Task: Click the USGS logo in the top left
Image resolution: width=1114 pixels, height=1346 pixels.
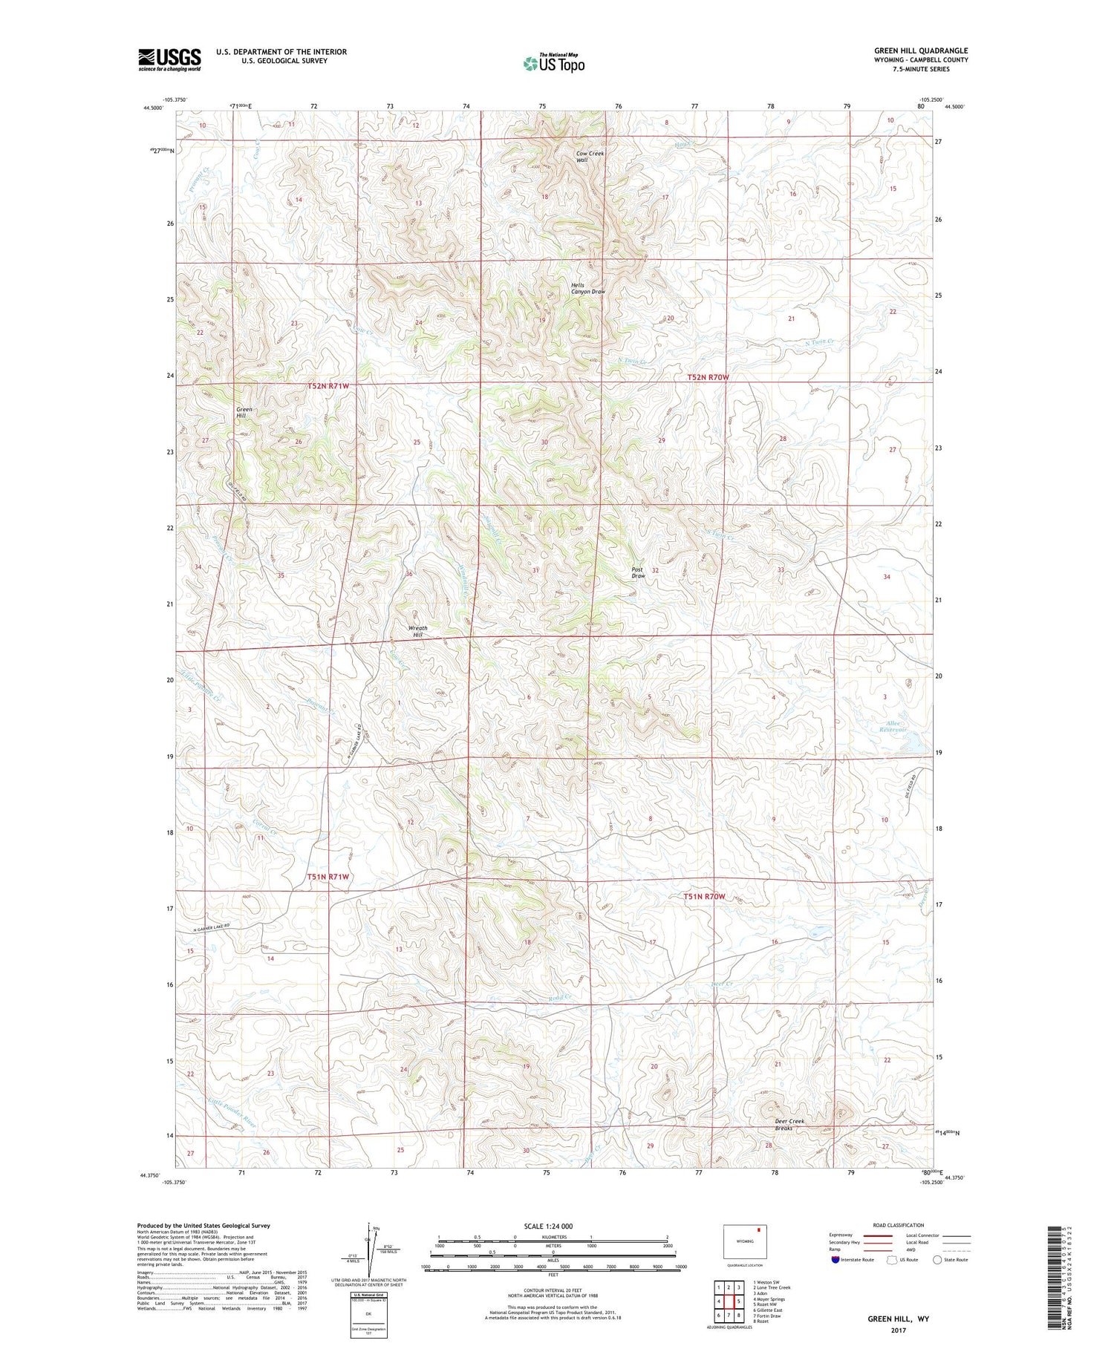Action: pyautogui.click(x=169, y=59)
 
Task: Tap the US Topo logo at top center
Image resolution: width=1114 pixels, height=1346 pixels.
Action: pyautogui.click(x=554, y=63)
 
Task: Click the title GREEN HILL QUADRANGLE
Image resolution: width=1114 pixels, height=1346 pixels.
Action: pyautogui.click(x=920, y=50)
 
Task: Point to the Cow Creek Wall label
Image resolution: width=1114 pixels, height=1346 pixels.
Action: pyautogui.click(x=590, y=157)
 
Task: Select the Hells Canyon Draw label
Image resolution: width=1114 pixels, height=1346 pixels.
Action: pyautogui.click(x=587, y=289)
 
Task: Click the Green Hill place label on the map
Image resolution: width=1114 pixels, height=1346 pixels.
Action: pyautogui.click(x=244, y=413)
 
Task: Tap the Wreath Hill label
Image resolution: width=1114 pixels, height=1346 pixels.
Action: pyautogui.click(x=417, y=632)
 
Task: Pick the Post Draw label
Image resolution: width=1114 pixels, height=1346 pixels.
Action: pyautogui.click(x=638, y=572)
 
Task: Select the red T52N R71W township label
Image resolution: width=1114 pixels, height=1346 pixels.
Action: pyautogui.click(x=328, y=386)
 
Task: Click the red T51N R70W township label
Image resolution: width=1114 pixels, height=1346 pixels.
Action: pyautogui.click(x=704, y=897)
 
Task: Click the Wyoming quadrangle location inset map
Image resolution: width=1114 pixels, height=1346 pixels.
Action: pyautogui.click(x=745, y=1241)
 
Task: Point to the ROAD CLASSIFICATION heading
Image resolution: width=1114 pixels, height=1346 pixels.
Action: pyautogui.click(x=898, y=1225)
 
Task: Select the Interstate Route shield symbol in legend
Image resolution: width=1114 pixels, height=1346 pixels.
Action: pyautogui.click(x=835, y=1260)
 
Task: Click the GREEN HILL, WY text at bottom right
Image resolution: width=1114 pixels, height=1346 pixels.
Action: pyautogui.click(x=899, y=1319)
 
